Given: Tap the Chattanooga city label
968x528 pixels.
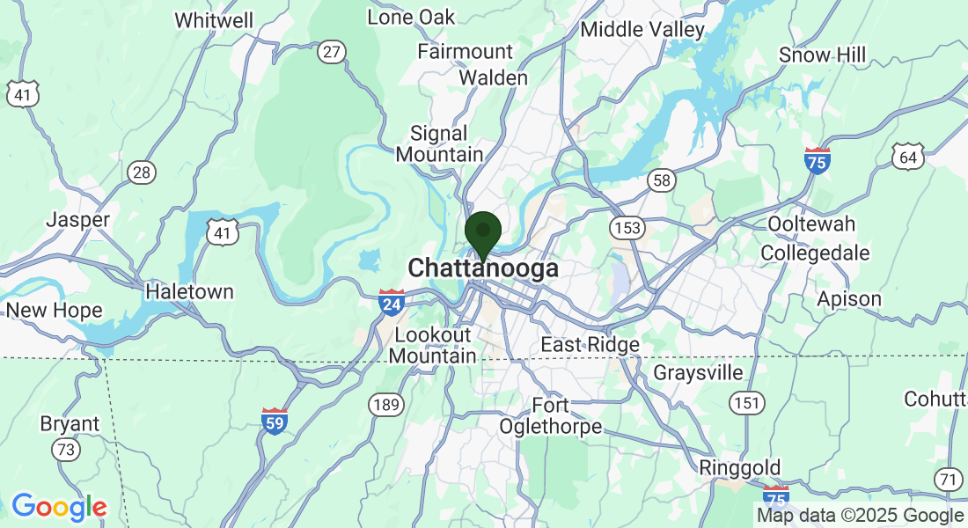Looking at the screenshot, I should click(483, 268).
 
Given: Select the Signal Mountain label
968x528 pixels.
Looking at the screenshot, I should click(439, 144).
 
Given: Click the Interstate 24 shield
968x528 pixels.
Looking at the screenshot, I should click(392, 302).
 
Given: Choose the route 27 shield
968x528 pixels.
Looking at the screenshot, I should click(331, 52).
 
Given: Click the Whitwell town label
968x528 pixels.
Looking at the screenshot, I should click(214, 20).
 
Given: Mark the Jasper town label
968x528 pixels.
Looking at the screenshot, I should click(78, 219).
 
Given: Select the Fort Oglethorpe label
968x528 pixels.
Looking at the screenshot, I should click(551, 416).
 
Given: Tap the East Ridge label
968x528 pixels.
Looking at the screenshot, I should click(590, 345).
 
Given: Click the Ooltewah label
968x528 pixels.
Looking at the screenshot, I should click(811, 224).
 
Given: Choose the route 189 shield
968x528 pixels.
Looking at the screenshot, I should click(386, 406).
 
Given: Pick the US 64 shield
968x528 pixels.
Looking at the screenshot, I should click(907, 158).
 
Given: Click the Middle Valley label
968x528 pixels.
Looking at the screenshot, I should click(642, 30).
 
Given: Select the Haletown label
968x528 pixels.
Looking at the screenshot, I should click(189, 291).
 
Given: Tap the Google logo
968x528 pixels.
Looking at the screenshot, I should click(59, 507).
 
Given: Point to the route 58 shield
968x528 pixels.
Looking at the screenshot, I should click(662, 180).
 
